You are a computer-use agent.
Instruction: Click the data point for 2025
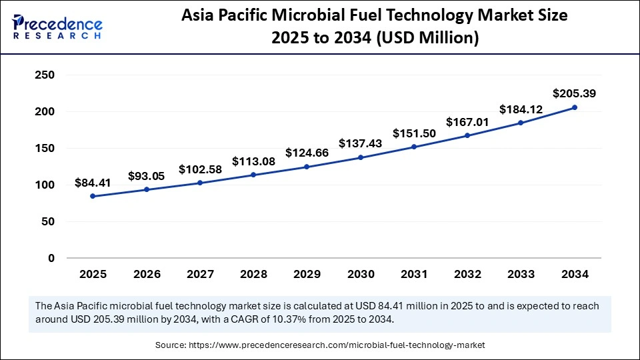tap(93, 196)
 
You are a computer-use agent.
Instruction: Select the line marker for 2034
tap(575, 107)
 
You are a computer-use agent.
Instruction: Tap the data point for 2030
tap(361, 157)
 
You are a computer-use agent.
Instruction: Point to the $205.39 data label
tap(574, 93)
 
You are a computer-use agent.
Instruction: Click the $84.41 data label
tap(93, 182)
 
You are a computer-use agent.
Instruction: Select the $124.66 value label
tap(307, 153)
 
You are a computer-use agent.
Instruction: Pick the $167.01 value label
tap(467, 121)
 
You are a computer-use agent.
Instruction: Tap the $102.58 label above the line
tap(200, 169)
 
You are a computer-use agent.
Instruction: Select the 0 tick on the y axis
tap(51, 258)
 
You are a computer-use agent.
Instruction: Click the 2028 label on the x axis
tap(253, 274)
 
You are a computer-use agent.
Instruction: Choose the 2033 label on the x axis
tap(521, 274)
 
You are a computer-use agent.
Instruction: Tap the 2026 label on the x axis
tap(146, 274)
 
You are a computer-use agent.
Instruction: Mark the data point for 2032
tap(467, 135)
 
